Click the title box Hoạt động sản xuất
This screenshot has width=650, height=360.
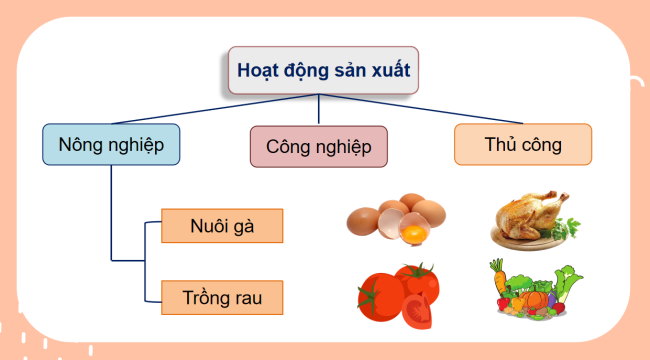pyautogui.click(x=322, y=71)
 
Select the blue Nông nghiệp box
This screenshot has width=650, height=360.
pyautogui.click(x=111, y=144)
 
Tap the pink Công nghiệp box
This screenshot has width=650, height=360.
pyautogui.click(x=319, y=146)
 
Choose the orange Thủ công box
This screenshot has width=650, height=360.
pyautogui.click(x=522, y=144)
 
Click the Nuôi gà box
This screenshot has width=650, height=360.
pyautogui.click(x=222, y=225)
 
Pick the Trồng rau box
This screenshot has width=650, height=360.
pyautogui.click(x=222, y=297)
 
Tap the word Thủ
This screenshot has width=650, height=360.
pyautogui.click(x=499, y=144)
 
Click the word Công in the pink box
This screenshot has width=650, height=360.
pyautogui.click(x=289, y=146)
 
